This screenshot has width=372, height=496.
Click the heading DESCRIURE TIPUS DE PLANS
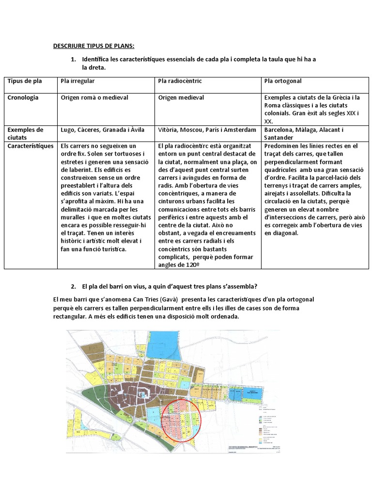click(93, 46)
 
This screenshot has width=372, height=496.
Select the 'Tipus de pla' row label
click(25, 81)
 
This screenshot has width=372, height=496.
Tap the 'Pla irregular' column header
click(77, 81)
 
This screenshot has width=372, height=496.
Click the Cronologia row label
click(23, 98)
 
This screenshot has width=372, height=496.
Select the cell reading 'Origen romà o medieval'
click(94, 98)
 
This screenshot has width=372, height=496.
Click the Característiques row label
click(30, 145)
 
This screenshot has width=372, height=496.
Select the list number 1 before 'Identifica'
click(73, 60)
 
